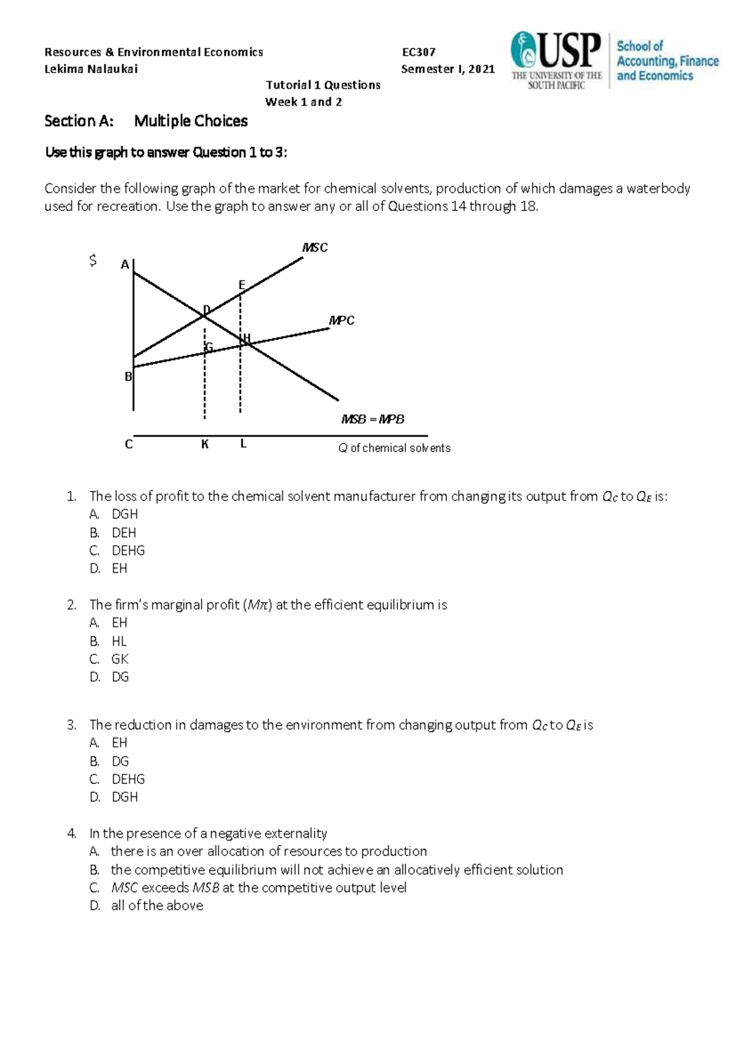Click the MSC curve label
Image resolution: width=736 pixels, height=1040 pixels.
[315, 247]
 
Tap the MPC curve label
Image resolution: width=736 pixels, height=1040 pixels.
[342, 320]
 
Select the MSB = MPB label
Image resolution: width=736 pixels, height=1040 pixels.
[373, 419]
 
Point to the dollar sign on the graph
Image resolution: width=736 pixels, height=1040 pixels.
[93, 261]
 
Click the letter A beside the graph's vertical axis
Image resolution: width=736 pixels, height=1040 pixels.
[125, 265]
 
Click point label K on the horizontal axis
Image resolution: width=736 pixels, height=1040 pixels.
[205, 444]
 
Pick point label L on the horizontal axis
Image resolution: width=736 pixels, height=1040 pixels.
[243, 443]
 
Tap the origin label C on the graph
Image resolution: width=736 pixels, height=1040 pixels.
[129, 444]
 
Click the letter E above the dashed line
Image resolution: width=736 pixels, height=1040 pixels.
[242, 285]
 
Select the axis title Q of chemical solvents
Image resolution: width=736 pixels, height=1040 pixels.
[394, 448]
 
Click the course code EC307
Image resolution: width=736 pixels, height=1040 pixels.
[418, 52]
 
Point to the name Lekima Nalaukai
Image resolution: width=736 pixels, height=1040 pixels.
[91, 69]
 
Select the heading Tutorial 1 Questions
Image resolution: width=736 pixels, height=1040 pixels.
[323, 85]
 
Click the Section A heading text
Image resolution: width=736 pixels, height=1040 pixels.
[146, 121]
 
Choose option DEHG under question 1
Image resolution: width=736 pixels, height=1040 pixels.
[128, 551]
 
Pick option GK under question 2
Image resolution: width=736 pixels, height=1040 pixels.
[120, 659]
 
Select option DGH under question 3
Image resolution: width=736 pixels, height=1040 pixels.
[125, 797]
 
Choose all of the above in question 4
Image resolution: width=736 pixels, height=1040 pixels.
[157, 906]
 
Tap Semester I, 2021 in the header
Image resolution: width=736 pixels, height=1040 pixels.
[448, 69]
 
